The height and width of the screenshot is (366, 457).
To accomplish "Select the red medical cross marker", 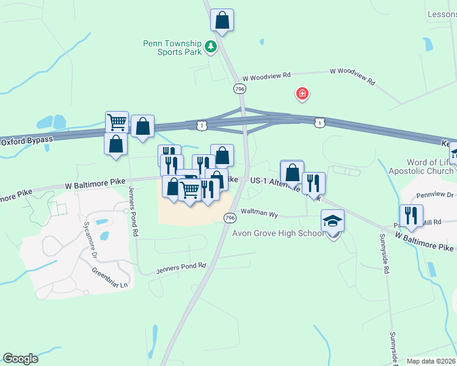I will tap(302, 93).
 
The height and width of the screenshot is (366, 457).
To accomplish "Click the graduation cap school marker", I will tap(333, 221).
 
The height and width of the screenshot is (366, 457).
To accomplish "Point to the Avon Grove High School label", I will tap(278, 234).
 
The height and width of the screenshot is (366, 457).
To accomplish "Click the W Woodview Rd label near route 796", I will tap(266, 77).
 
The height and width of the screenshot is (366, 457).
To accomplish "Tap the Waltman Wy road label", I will tap(259, 215).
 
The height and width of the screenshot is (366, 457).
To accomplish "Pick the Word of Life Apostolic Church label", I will tap(421, 167).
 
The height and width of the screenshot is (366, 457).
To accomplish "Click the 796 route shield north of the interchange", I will tap(239, 89).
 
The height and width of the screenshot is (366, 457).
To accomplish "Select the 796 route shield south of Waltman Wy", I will tap(229, 218).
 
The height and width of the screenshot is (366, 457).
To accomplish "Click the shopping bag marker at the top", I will tap(222, 20).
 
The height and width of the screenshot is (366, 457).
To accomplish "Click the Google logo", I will tap(20, 359).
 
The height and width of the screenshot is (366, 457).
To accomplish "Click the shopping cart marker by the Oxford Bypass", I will tap(117, 122).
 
